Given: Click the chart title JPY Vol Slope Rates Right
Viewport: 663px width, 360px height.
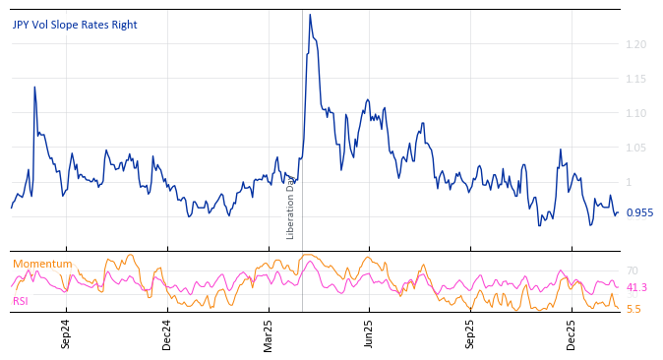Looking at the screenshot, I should pos(75,25).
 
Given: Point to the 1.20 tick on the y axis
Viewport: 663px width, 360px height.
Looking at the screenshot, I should pos(635,44).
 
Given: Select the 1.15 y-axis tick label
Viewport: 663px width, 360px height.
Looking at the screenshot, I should pos(635,79).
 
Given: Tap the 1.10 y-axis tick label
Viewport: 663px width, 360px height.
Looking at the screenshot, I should pos(635,113).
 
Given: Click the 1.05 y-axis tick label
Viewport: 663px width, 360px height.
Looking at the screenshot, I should pos(635,148).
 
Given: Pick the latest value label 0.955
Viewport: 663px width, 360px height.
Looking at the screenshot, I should pos(639,212).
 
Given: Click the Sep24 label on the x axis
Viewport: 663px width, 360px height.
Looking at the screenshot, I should pos(66,334).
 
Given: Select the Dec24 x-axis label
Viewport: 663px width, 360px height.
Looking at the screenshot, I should pos(167,334).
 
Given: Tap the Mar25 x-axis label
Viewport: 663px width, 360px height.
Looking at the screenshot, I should pos(269,334).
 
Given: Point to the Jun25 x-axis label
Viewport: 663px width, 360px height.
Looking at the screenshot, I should pos(370,334).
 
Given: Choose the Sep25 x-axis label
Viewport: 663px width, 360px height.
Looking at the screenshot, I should pos(470,334).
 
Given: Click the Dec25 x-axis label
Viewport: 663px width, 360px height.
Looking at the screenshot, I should pos(572,334).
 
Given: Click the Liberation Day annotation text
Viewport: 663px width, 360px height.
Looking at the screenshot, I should pos(291,208).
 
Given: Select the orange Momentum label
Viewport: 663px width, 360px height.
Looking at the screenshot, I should pos(42,264).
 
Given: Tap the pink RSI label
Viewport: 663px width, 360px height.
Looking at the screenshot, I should pos(21,301).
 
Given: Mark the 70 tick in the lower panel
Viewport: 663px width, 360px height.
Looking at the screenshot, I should pos(633,270).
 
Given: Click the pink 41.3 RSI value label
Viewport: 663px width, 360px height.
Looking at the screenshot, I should pos(636,287).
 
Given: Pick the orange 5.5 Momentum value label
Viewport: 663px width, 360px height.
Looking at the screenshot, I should pos(633,309).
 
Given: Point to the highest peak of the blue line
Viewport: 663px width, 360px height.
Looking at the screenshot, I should pos(310,15).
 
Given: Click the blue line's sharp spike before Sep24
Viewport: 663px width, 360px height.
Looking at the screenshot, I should pos(34,88).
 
